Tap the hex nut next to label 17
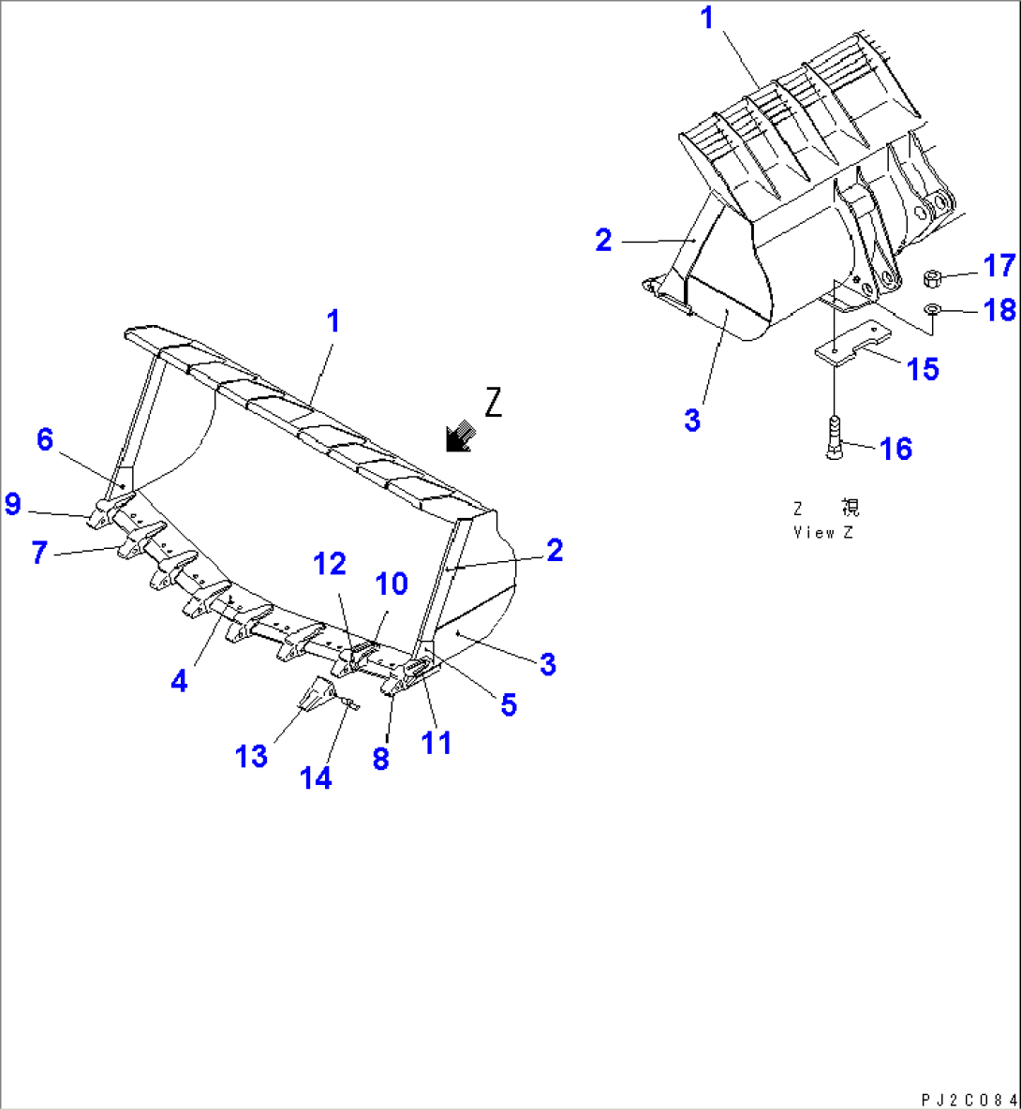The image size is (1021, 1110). click(x=932, y=277)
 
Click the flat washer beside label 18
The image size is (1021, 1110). click(x=933, y=309)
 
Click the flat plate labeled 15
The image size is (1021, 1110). click(x=851, y=343)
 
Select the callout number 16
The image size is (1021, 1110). click(x=896, y=449)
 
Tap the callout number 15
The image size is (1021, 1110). click(x=923, y=369)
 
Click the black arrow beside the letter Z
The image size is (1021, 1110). click(x=460, y=437)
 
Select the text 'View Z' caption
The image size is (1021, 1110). click(x=823, y=532)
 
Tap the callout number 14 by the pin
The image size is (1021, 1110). click(x=316, y=777)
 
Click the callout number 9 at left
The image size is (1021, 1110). click(x=12, y=505)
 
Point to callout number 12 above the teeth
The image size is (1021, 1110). click(x=329, y=564)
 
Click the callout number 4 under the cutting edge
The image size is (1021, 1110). click(x=179, y=681)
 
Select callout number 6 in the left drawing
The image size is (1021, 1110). click(x=45, y=438)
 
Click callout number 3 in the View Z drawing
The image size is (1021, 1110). click(x=691, y=420)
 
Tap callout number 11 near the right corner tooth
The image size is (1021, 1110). click(x=437, y=743)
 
